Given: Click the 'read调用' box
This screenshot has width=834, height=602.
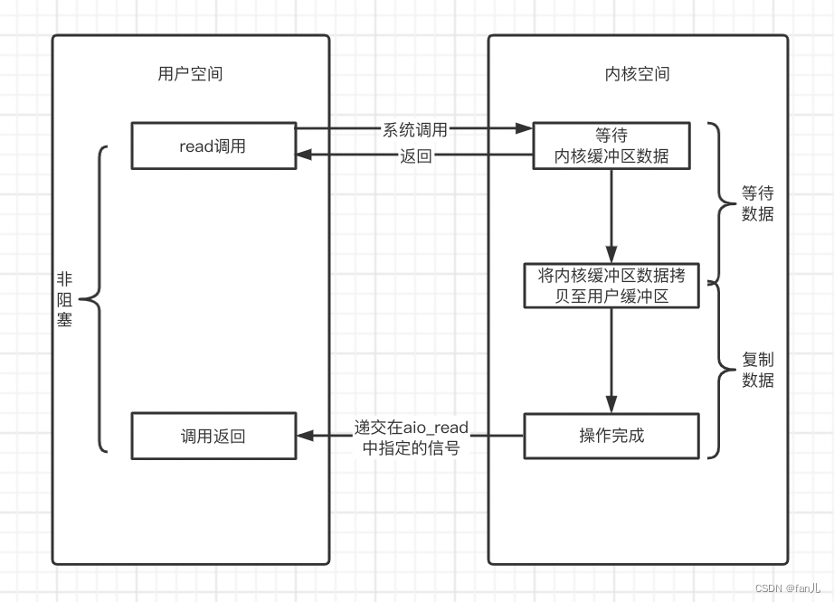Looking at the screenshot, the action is [x=213, y=146].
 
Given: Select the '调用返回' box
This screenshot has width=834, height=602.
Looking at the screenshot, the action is [x=213, y=436].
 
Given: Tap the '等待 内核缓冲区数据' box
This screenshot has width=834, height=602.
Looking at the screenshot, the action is [x=611, y=146].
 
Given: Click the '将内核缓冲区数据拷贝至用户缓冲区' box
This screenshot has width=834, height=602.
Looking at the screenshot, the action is [x=611, y=286].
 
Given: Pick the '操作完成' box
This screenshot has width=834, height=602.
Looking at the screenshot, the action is [x=611, y=436].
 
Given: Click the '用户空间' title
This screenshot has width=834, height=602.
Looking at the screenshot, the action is [x=191, y=74].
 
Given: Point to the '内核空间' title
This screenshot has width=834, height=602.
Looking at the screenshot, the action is [x=637, y=74].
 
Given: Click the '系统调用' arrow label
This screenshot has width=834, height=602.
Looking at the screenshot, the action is [x=415, y=129].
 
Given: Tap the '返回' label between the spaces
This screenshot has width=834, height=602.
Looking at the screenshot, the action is [x=416, y=156].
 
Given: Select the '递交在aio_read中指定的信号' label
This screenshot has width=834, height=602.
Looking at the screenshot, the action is [x=412, y=437].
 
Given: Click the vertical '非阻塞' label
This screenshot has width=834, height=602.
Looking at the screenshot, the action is [x=64, y=299].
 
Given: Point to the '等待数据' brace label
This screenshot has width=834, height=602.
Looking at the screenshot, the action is [x=757, y=203].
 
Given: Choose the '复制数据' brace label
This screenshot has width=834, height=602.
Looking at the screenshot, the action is [x=757, y=370].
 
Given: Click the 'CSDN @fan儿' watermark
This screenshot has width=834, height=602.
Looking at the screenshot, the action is [x=788, y=588].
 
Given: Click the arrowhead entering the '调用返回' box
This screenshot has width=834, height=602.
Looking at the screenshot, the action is [x=305, y=436].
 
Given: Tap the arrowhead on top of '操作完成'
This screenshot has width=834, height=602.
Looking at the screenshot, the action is [x=611, y=405].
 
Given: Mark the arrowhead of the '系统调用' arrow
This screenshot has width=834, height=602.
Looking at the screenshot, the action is [x=524, y=128].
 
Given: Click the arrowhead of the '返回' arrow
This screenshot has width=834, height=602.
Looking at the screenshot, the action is [x=304, y=155].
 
